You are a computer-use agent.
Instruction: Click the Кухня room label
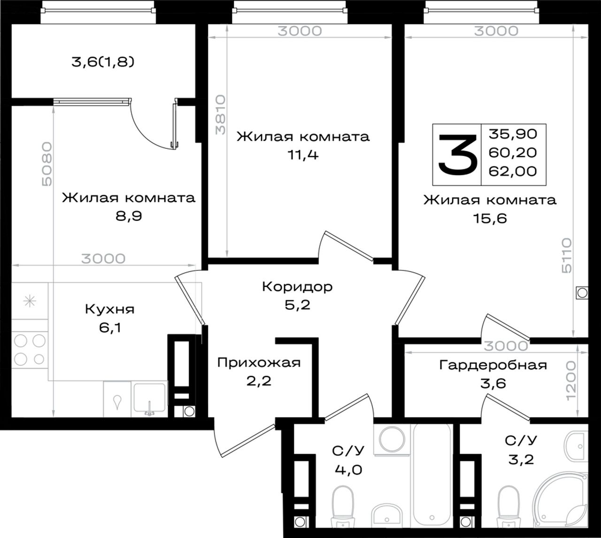coord(110,309)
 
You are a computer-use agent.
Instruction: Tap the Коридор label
coord(297,287)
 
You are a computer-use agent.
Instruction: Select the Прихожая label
coord(259,362)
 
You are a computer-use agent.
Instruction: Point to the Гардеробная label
coord(493,365)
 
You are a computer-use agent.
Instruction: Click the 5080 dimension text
coord(46,164)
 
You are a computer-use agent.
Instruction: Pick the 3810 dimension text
coord(221,115)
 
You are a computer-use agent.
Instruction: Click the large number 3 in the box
coord(458,154)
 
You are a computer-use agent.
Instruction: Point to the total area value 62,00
coord(513,171)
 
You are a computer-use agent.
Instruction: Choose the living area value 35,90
coord(513,134)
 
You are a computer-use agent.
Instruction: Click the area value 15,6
coord(490,219)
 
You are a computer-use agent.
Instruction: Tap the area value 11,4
coord(303,155)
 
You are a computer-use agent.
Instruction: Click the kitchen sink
coord(150,398)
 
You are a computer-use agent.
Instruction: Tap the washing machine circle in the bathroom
coord(392,439)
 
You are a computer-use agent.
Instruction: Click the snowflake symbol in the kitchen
coord(30,301)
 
